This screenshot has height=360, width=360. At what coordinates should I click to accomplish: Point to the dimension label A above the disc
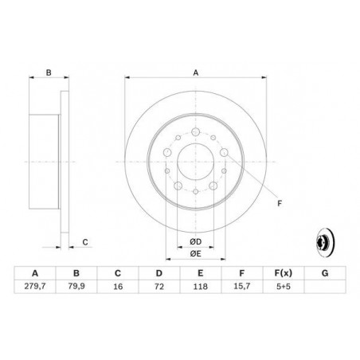point(195,72)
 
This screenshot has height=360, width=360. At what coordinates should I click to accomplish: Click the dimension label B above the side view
point(48,72)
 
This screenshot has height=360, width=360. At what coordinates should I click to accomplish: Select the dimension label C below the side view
point(85,242)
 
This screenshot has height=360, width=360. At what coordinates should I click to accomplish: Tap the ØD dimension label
point(195,241)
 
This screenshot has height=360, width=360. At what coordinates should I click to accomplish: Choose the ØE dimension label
point(195,254)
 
